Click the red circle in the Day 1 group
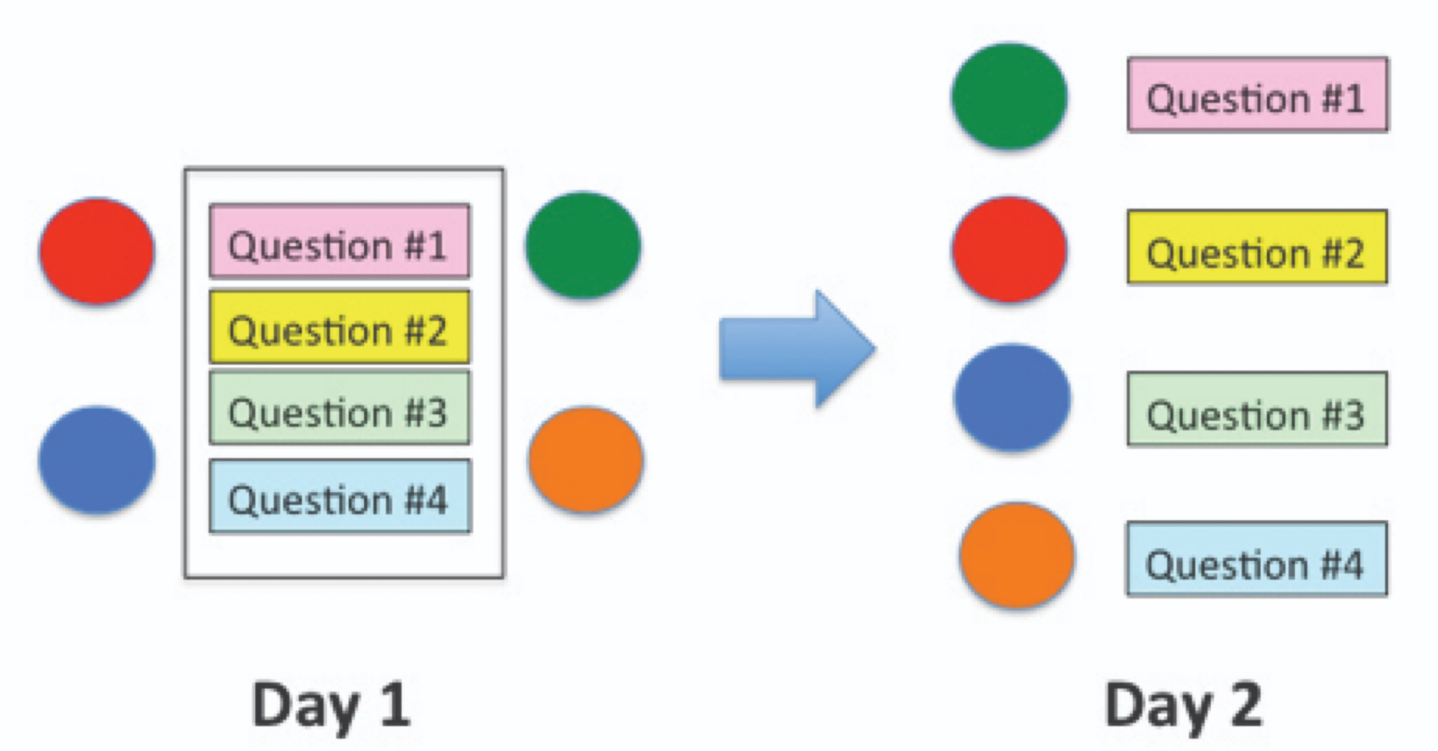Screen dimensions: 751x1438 point(96,251)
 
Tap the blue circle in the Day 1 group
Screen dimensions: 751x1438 point(96,459)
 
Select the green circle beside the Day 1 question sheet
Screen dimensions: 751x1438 point(583,245)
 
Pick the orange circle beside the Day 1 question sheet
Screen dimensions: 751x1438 point(585,459)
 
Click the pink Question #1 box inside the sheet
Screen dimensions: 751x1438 point(339,241)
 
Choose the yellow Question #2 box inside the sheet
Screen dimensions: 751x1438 point(339,327)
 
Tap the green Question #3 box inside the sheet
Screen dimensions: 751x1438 point(339,408)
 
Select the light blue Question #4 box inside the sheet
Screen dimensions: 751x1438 point(339,496)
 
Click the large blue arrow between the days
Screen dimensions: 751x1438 point(796,349)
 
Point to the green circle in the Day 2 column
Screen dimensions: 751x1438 point(1009,96)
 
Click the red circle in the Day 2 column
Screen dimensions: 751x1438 point(1009,250)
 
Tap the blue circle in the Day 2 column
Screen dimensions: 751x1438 point(1012,397)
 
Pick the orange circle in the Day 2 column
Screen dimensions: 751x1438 point(1017,555)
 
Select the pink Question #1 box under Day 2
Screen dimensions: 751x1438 point(1257,94)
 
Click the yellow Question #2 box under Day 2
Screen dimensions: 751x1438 point(1257,247)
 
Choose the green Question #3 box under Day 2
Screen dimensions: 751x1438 point(1257,409)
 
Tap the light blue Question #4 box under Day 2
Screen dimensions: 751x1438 point(1257,559)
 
